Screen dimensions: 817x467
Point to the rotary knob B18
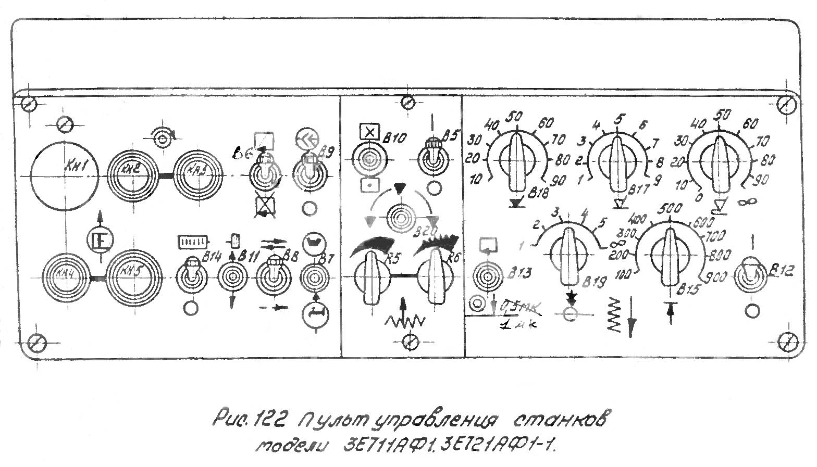pos(517,161)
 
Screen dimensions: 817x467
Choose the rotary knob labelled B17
pos(618,163)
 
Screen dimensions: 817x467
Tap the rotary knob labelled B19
pos(567,256)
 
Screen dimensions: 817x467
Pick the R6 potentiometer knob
pos(434,276)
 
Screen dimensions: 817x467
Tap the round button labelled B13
pos(487,275)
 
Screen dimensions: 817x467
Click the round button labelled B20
pos(400,214)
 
